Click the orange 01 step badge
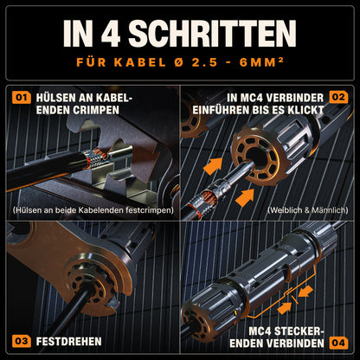[21, 98]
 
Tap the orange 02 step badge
[338, 98]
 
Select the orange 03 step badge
[21, 341]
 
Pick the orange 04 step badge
[338, 343]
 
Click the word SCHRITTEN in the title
[212, 34]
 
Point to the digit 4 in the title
[111, 34]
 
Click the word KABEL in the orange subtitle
[140, 62]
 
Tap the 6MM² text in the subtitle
[261, 62]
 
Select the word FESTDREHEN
[68, 342]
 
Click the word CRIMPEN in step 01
[98, 110]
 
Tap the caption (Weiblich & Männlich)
[308, 210]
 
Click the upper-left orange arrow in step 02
[214, 166]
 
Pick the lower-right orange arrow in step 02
[245, 198]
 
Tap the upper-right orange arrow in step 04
[305, 291]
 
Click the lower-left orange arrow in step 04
[285, 308]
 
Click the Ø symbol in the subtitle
[179, 62]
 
